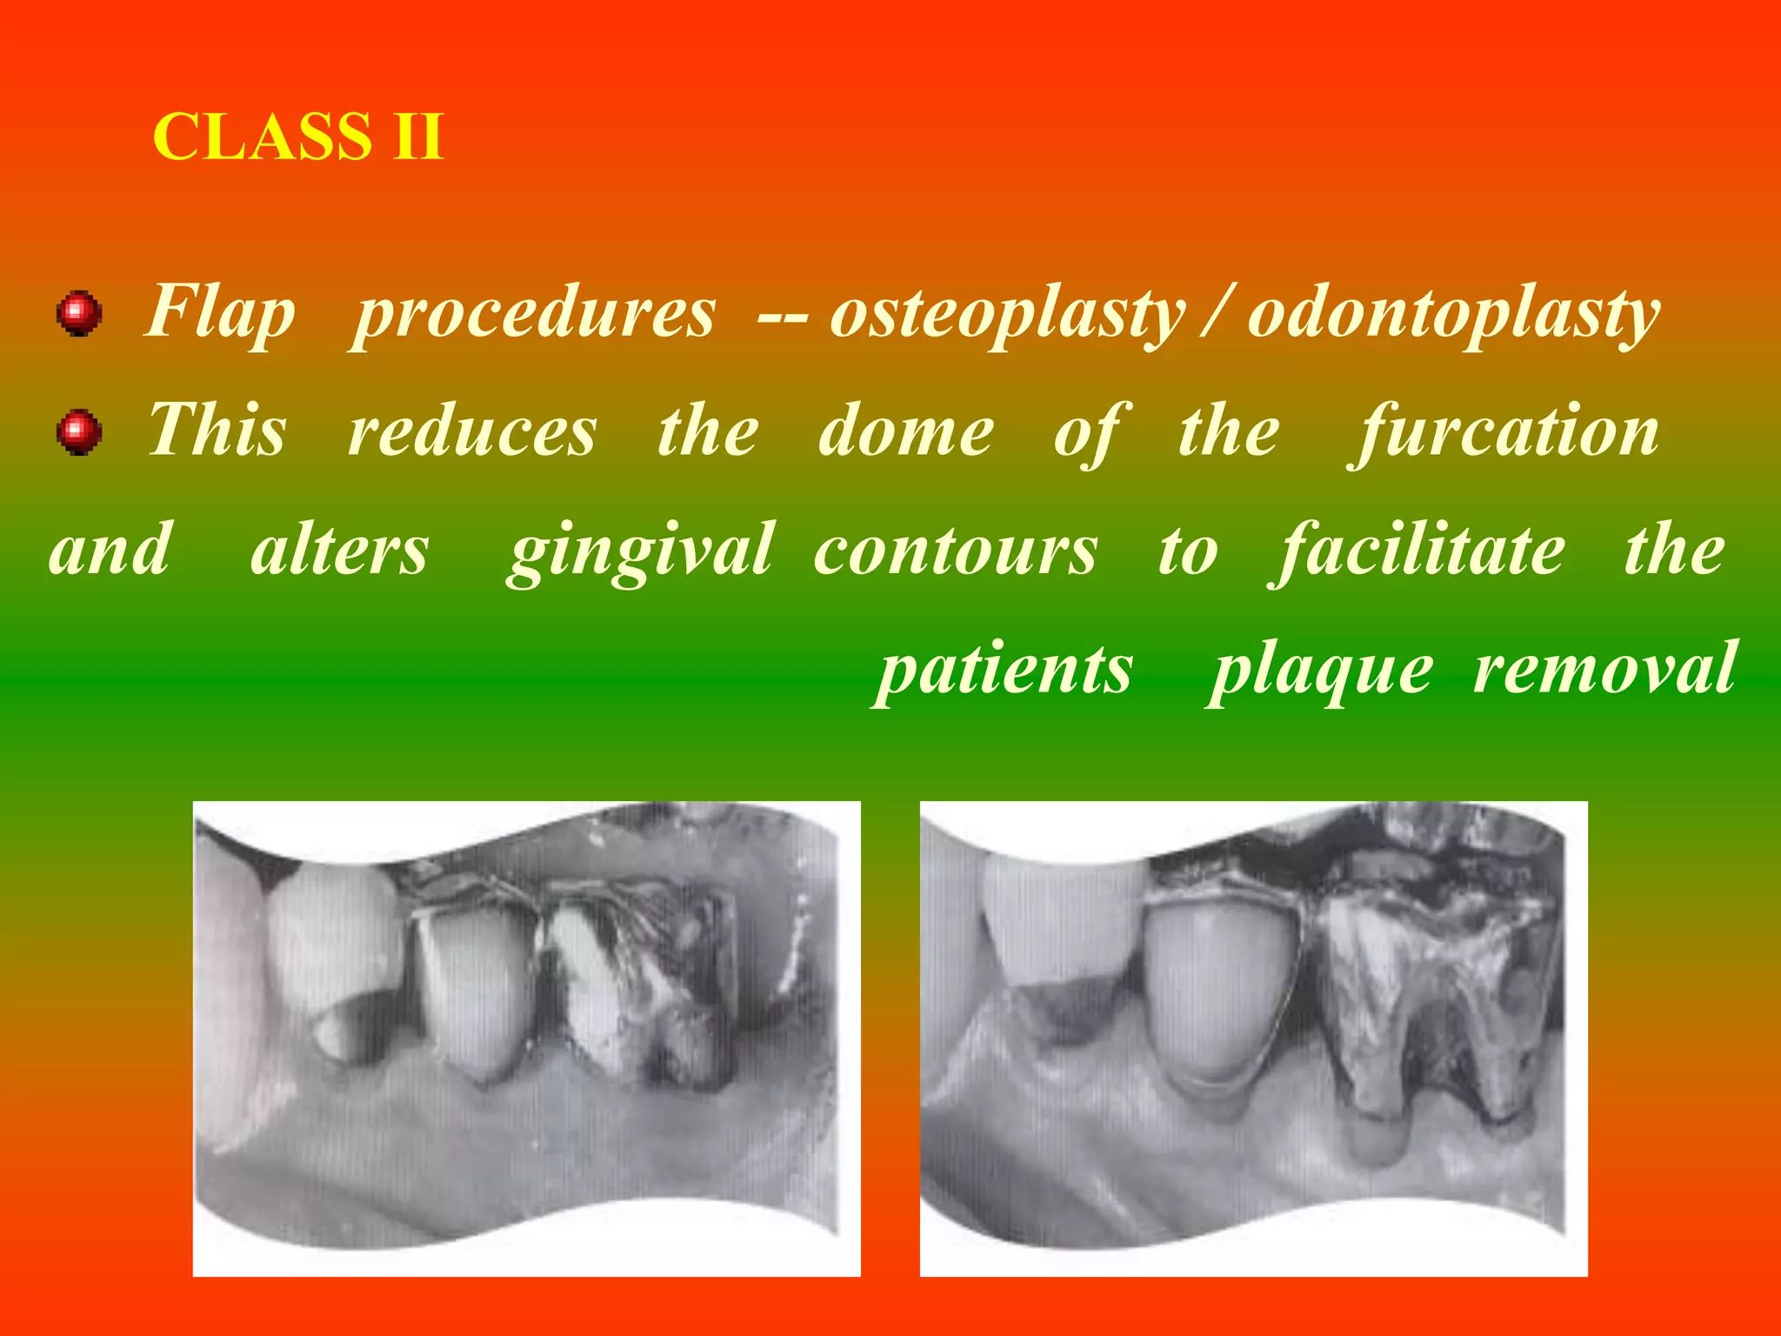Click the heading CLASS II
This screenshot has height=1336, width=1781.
298,137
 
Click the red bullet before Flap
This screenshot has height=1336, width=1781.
79,313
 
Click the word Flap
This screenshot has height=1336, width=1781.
221,314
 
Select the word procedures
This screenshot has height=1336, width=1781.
534,314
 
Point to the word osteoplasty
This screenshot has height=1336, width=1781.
1007,316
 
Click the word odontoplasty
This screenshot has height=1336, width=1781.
1453,316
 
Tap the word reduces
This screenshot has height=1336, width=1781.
473,432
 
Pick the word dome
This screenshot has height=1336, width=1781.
905,432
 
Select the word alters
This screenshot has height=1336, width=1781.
340,551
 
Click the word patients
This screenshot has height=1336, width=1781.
1005,671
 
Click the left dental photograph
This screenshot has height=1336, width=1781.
526,1038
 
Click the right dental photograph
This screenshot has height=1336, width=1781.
1253,1038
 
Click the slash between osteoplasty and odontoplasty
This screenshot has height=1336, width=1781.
1216,314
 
